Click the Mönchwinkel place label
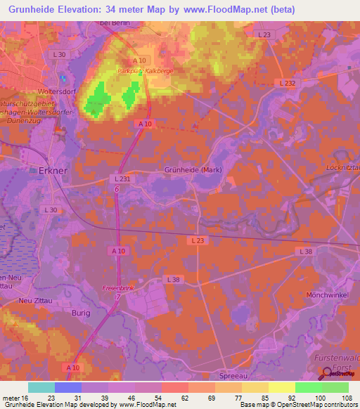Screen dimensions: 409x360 coord(327,296)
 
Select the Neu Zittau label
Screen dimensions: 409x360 coord(37,301)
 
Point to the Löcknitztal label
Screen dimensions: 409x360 coord(342,167)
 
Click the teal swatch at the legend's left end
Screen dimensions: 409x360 coord(41,387)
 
